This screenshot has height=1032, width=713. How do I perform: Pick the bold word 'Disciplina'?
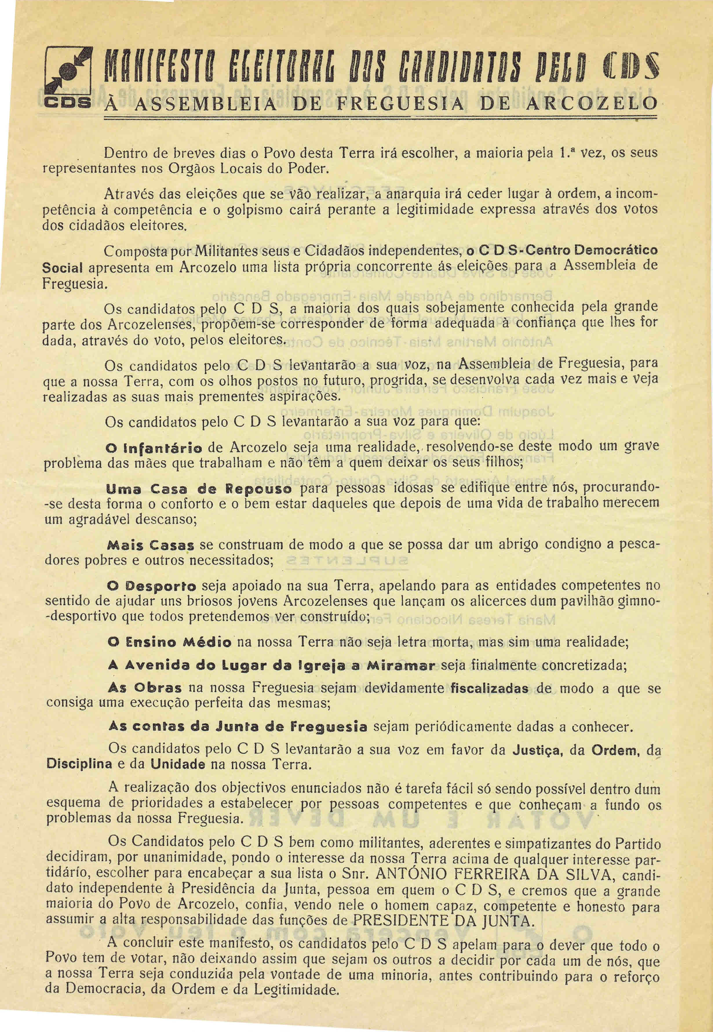click(79, 764)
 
